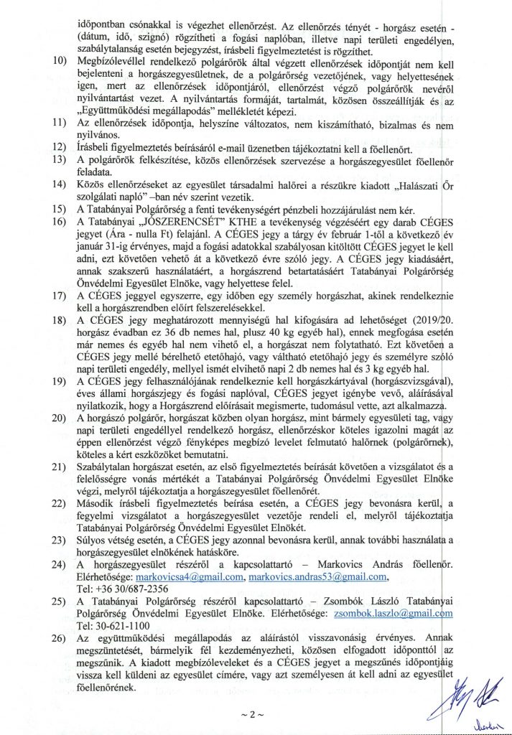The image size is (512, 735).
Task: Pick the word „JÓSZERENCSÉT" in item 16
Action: pyautogui.click(x=172, y=221)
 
